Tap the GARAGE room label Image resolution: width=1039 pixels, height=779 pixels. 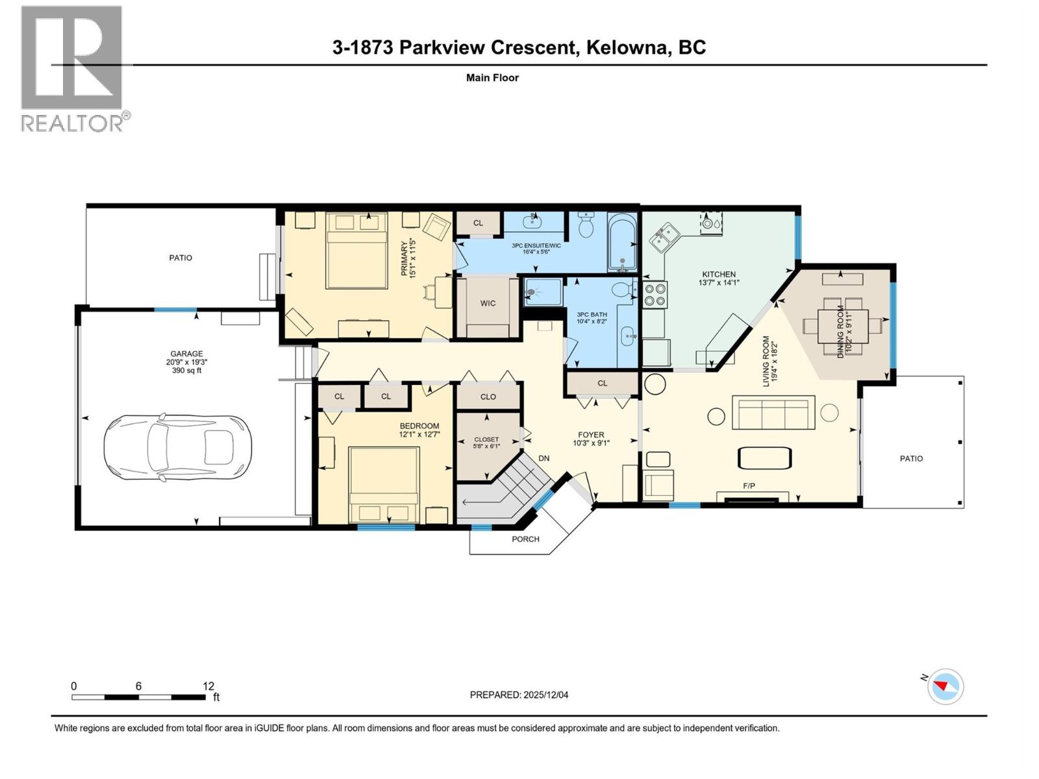(186, 354)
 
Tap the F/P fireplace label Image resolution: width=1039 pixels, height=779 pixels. (749, 486)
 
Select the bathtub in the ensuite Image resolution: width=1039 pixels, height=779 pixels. (623, 242)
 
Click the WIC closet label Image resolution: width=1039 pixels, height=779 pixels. (488, 303)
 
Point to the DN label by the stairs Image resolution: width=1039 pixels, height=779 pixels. (544, 458)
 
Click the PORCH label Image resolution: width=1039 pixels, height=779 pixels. (525, 539)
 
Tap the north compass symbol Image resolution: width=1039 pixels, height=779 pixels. (945, 686)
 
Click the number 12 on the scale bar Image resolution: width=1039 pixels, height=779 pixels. (208, 686)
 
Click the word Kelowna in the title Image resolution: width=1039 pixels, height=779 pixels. (627, 47)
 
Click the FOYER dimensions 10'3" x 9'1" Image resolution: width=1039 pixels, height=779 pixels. (591, 443)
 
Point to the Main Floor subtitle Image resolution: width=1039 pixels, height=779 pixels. (492, 78)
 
